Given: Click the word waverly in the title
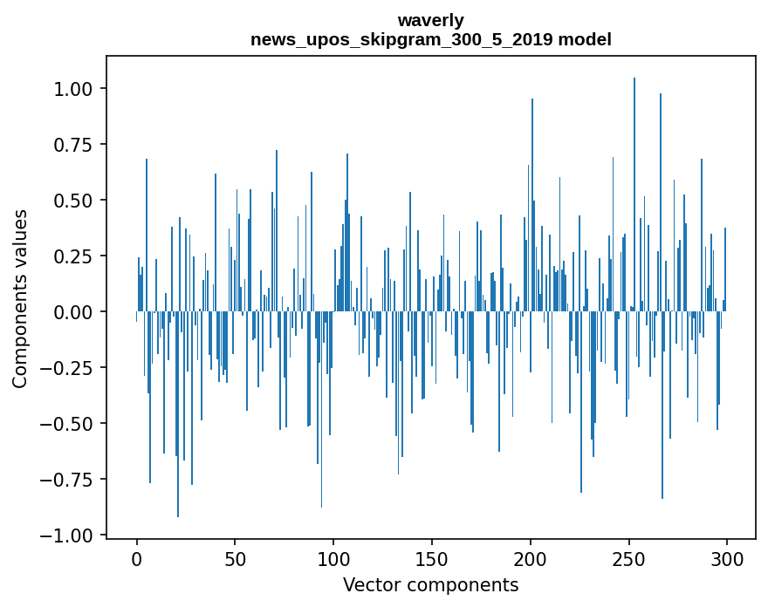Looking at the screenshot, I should pos(430,20).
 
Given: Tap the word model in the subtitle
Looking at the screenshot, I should pos(586,40).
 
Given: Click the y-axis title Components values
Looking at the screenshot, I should pos(20,298).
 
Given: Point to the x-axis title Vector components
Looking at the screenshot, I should pos(430,585).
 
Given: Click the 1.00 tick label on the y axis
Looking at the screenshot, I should pos(74,89).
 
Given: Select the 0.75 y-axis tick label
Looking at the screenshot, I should pos(74,145).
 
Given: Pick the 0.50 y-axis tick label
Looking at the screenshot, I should pos(74,201).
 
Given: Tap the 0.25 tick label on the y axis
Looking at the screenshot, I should pos(74,256).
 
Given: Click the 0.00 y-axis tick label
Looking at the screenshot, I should pos(74,312).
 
